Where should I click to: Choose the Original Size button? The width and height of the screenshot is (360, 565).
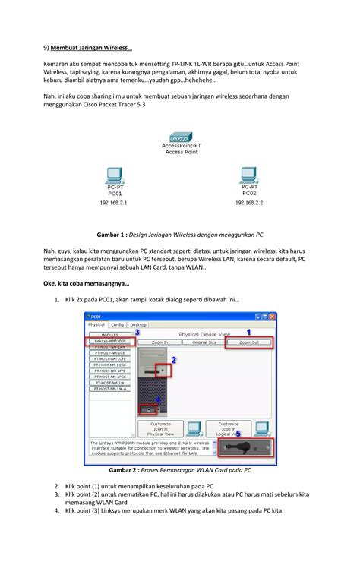204,342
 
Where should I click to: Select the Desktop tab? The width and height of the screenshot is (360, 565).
138,324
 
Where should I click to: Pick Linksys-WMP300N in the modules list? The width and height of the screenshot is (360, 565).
109,342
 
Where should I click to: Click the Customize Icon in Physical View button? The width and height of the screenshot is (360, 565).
161,428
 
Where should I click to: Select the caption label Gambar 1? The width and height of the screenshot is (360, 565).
111,235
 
